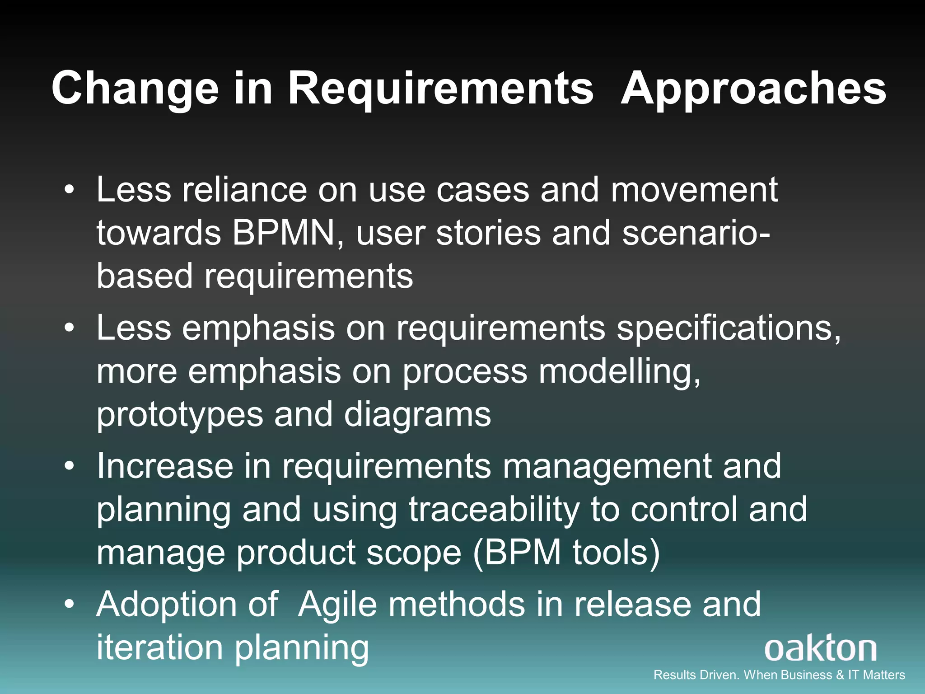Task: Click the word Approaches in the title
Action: (x=753, y=89)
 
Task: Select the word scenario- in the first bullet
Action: (x=696, y=233)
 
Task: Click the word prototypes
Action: (x=179, y=415)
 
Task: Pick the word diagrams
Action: (x=417, y=415)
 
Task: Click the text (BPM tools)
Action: (x=566, y=553)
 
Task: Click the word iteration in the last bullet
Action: (x=159, y=647)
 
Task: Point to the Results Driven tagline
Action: (x=779, y=675)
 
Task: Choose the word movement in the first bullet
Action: (x=694, y=190)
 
